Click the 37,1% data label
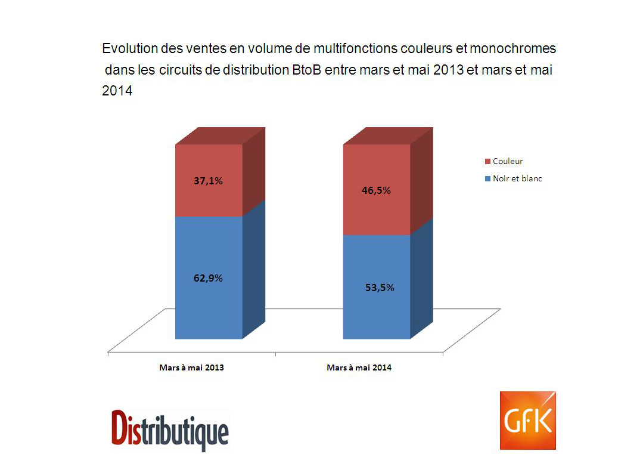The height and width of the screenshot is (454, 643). click(x=208, y=181)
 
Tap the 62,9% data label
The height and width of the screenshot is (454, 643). click(x=208, y=278)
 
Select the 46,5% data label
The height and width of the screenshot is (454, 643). click(x=376, y=191)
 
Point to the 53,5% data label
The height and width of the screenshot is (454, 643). click(x=380, y=288)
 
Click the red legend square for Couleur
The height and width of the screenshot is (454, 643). click(x=487, y=162)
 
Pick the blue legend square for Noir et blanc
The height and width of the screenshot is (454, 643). click(x=487, y=179)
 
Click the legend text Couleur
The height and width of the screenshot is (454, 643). click(x=508, y=162)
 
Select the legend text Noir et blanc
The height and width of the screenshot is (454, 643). click(x=518, y=179)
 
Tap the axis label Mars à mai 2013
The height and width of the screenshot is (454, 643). click(x=191, y=368)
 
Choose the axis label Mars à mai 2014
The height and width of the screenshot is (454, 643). click(x=359, y=368)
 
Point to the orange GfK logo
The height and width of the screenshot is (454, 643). click(x=527, y=420)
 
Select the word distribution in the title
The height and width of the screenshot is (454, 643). click(x=255, y=70)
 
